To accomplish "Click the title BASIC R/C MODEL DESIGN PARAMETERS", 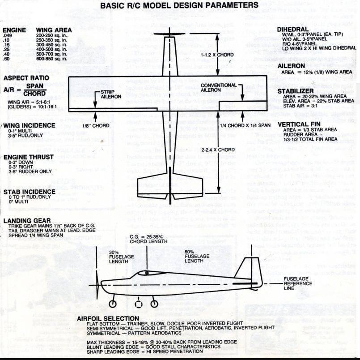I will point(179,5).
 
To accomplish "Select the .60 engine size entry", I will point(7,59).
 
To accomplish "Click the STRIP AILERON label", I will point(109,95).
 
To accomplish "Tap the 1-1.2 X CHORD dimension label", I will point(217,55).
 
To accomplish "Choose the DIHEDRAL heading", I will point(293,29).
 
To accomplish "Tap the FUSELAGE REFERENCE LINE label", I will point(296,283).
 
